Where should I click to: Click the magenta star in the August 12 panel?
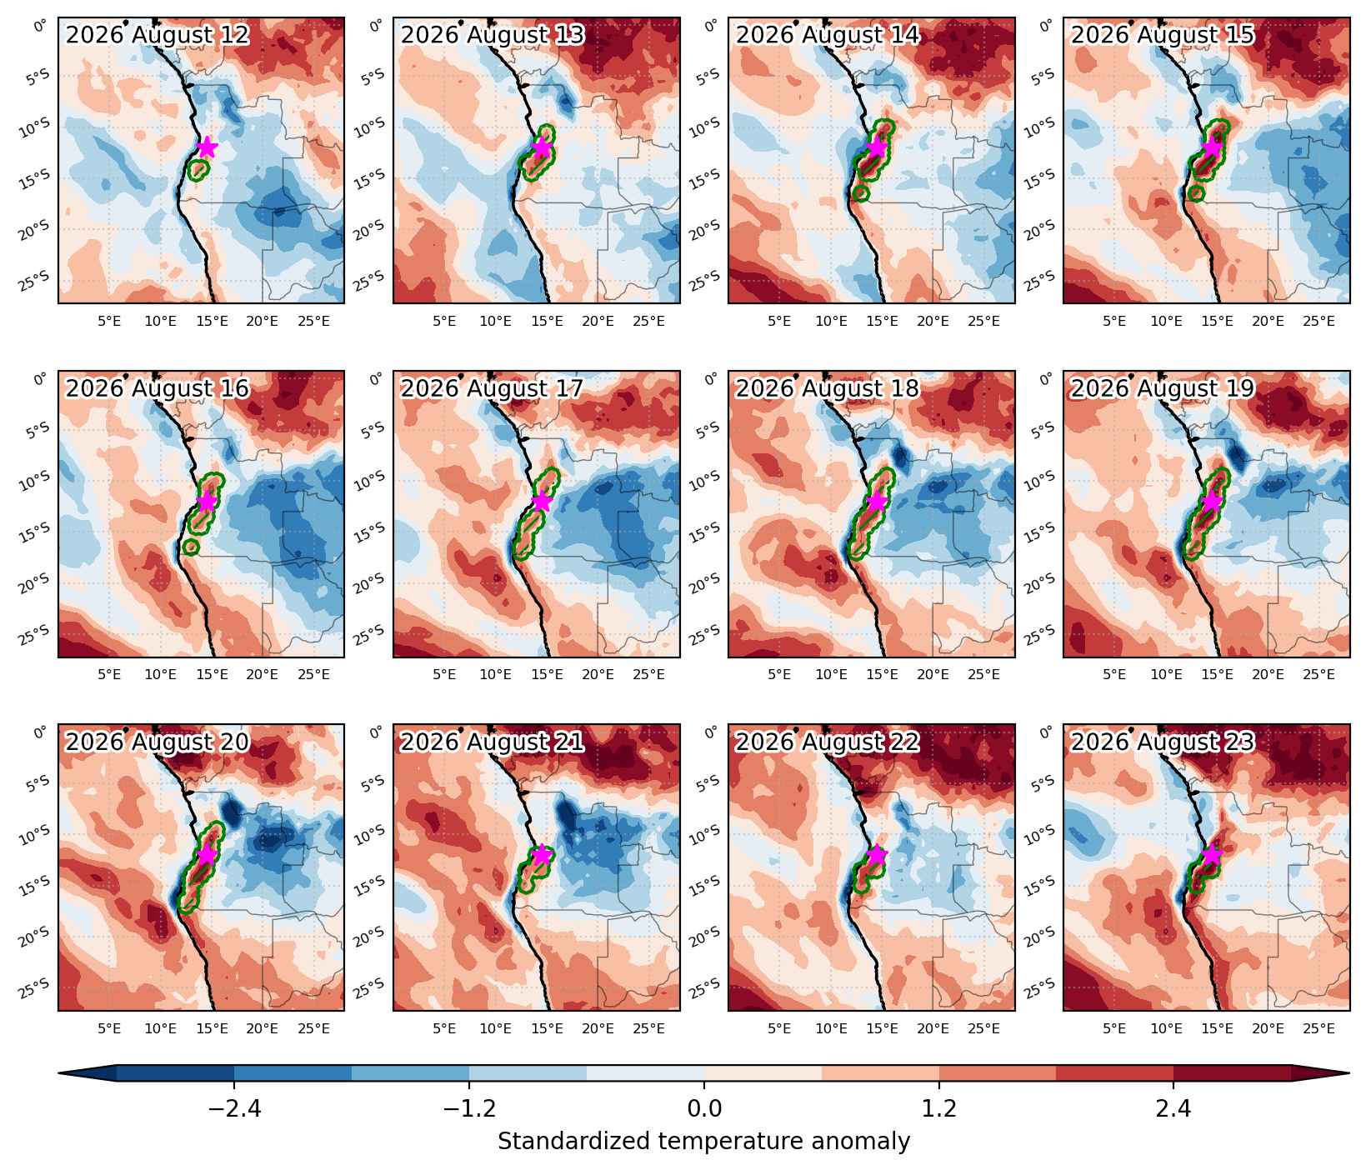pos(207,147)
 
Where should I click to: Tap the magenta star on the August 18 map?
pos(877,501)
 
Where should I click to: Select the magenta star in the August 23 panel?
pos(1212,855)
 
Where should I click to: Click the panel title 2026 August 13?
pos(493,35)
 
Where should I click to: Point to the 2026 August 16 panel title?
pos(158,389)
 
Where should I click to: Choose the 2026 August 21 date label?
pos(493,742)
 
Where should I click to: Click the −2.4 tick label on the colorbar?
pos(234,1109)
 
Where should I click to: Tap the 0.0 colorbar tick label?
pos(704,1109)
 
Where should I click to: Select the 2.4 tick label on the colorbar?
pos(1173,1109)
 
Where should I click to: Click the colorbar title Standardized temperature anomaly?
pos(703,1142)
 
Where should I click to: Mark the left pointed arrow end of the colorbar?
pos(60,1073)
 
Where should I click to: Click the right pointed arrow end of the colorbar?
pos(1347,1073)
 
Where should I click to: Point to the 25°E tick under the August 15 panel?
pos(1318,321)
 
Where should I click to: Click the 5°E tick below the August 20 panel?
pos(109,1028)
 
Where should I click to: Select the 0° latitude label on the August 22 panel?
pos(711,732)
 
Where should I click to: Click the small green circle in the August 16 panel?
pos(191,547)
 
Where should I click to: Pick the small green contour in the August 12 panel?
pos(198,170)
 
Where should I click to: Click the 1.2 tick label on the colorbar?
pos(939,1109)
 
